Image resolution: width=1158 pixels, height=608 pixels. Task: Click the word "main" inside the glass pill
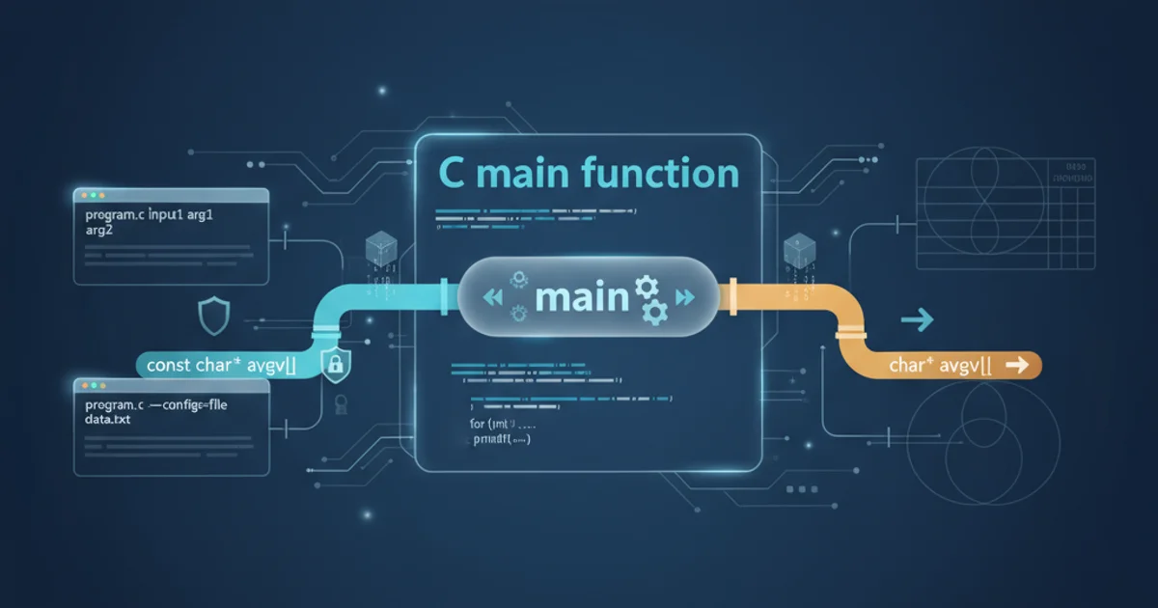582,297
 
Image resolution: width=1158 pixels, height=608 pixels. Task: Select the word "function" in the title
661,174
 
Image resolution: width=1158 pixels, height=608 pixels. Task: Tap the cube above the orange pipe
796,250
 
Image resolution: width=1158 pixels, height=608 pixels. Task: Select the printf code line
502,438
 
